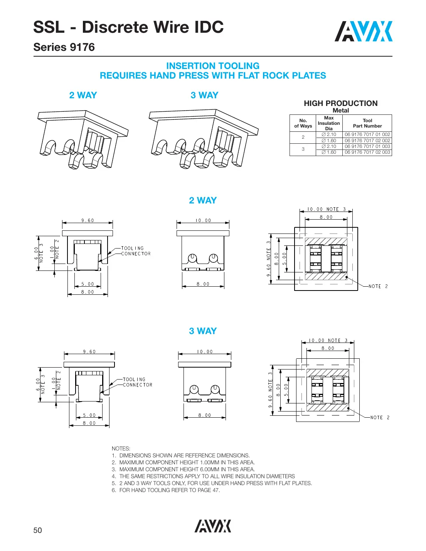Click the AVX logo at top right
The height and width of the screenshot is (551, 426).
363,32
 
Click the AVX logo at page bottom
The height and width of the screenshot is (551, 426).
213,526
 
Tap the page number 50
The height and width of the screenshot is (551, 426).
37,530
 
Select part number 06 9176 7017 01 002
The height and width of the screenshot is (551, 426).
367,134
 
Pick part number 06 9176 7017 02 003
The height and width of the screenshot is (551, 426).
367,152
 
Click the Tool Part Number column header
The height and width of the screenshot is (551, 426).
367,123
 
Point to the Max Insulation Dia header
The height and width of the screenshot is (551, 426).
329,123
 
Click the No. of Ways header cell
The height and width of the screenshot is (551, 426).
303,123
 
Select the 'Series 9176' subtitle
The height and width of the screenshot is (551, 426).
64,47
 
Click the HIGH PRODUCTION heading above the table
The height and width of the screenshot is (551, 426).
340,103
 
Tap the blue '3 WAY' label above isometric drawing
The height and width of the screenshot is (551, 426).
204,95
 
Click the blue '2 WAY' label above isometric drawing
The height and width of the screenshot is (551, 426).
83,95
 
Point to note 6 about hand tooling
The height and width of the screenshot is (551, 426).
169,490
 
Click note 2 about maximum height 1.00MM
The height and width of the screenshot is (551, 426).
187,462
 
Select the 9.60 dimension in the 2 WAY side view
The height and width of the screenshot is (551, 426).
88,220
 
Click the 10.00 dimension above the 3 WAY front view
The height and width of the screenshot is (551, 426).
205,351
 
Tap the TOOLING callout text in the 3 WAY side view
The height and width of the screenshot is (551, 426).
134,379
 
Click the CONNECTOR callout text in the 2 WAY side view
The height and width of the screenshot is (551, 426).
136,254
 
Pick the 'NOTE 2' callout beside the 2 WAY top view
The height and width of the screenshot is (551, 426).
378,286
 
